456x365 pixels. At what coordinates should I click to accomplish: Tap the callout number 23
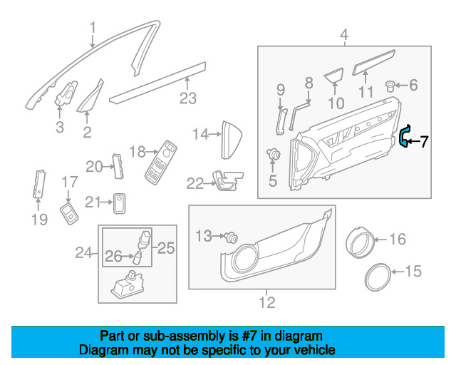point(187,99)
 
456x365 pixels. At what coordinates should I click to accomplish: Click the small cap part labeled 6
point(391,86)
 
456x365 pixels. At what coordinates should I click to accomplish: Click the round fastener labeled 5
point(273,153)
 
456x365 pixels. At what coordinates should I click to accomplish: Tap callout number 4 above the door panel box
point(344,34)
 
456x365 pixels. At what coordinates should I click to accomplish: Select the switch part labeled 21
point(120,203)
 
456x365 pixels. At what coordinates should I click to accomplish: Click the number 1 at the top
point(92,29)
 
